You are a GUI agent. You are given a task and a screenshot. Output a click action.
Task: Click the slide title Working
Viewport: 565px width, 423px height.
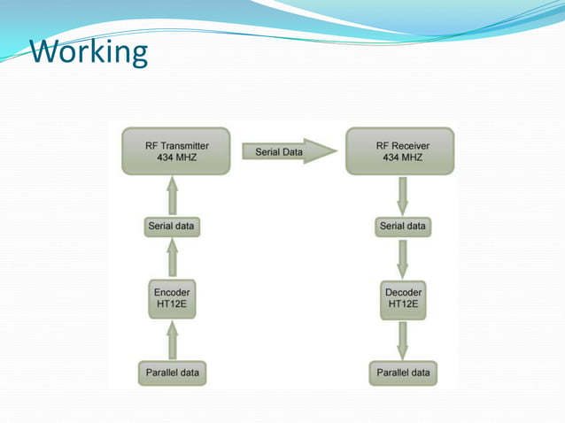[89, 52]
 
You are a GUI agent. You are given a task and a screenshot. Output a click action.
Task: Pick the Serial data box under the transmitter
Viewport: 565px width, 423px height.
[172, 227]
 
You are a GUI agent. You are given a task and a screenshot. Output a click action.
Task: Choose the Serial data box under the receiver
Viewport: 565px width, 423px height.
[403, 227]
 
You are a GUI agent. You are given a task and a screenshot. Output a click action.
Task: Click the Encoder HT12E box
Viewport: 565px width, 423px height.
[172, 298]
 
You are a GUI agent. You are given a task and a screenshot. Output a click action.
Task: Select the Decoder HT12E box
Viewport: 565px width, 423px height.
[403, 298]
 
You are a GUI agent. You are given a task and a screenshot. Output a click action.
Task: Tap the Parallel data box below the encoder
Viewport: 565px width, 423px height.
[172, 373]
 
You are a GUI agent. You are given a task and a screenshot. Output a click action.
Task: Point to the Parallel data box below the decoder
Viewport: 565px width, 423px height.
[403, 373]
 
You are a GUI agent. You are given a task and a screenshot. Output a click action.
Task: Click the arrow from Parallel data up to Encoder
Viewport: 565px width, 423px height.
[172, 340]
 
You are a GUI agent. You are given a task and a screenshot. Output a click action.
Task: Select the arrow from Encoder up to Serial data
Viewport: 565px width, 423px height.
[172, 259]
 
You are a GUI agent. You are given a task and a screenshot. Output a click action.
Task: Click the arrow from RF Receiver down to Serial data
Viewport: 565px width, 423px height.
[403, 196]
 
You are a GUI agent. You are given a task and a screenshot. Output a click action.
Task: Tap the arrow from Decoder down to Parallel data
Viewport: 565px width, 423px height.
[403, 340]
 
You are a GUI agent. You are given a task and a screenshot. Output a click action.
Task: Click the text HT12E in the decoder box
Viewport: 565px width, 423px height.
[403, 305]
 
